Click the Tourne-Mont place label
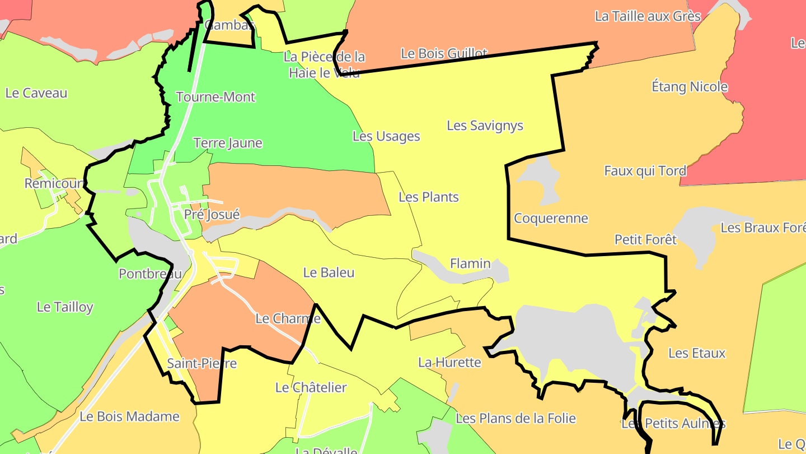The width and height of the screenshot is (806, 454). (x=215, y=97)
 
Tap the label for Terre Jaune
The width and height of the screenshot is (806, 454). (x=227, y=143)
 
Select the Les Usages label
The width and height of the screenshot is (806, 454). (x=386, y=136)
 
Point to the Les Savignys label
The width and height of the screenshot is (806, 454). (x=485, y=126)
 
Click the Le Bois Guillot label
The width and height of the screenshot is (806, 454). (x=444, y=53)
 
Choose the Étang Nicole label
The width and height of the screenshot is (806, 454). (x=690, y=87)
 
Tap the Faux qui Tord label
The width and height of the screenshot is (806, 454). (x=645, y=171)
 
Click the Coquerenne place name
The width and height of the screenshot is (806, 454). (x=551, y=219)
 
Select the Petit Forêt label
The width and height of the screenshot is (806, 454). (x=645, y=240)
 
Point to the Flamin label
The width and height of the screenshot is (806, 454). (x=470, y=263)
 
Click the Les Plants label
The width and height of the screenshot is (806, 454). (x=428, y=197)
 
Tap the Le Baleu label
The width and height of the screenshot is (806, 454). (x=329, y=273)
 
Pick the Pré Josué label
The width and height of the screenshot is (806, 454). (x=212, y=215)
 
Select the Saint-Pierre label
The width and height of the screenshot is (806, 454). (x=202, y=364)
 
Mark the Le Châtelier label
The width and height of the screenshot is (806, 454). (x=311, y=388)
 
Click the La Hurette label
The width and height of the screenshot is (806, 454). (x=449, y=363)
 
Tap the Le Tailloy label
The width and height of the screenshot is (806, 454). (x=65, y=307)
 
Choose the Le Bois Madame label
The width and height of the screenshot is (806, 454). (x=129, y=417)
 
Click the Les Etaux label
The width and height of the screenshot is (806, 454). (x=697, y=353)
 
